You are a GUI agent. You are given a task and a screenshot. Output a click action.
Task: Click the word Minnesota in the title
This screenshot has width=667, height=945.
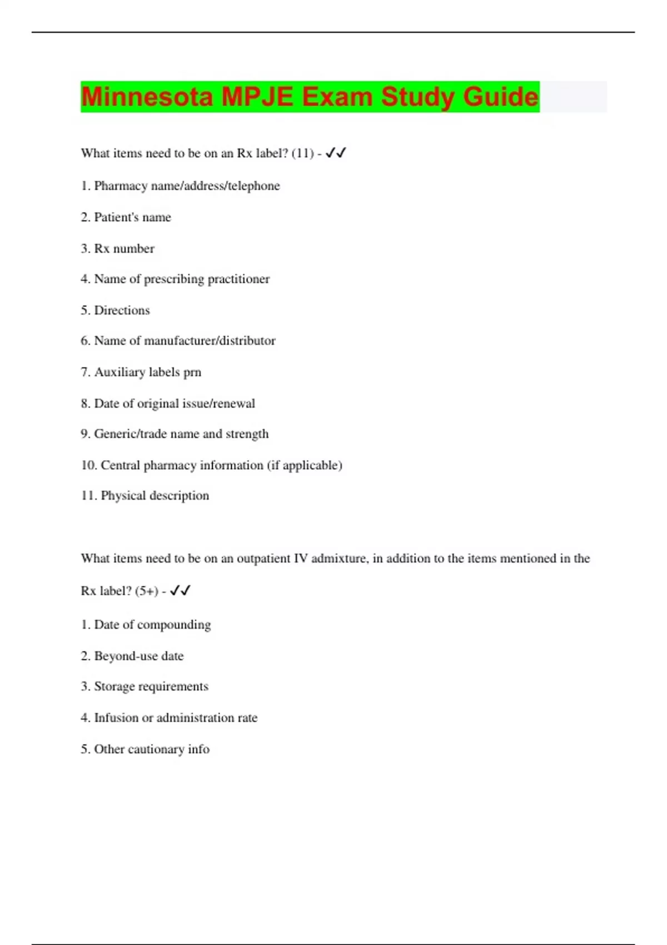click(147, 97)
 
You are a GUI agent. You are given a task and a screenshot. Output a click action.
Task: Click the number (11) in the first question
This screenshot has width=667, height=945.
click(302, 153)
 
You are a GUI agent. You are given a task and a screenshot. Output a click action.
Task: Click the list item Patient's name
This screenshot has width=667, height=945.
click(126, 217)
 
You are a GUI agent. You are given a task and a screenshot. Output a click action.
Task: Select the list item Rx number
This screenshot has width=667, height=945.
click(117, 248)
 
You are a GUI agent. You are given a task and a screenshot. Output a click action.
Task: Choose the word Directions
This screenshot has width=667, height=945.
click(122, 310)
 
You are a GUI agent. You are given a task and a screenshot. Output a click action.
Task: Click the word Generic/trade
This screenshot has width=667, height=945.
click(131, 434)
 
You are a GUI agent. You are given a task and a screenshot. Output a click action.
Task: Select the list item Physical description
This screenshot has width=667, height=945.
click(145, 496)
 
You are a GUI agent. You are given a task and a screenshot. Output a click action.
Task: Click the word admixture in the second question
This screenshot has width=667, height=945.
click(339, 559)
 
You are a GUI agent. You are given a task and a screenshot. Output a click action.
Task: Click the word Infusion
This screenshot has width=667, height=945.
click(116, 718)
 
